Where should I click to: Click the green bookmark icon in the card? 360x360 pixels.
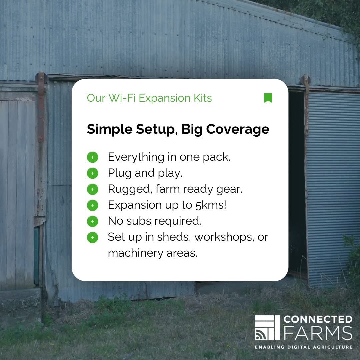[268, 98]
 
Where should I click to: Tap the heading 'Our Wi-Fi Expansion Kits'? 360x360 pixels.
[149, 98]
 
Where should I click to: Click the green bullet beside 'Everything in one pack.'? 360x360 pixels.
[92, 157]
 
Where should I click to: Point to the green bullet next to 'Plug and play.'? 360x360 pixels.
[92, 173]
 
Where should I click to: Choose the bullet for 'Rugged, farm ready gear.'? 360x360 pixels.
[92, 189]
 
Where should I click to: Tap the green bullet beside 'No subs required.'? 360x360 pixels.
[92, 221]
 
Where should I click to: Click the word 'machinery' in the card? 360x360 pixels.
[135, 253]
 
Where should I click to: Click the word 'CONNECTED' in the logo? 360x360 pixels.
[318, 319]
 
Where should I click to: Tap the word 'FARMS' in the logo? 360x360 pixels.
[318, 333]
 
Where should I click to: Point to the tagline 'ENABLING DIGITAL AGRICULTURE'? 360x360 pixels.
[303, 347]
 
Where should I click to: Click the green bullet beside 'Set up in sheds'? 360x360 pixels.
[92, 237]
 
